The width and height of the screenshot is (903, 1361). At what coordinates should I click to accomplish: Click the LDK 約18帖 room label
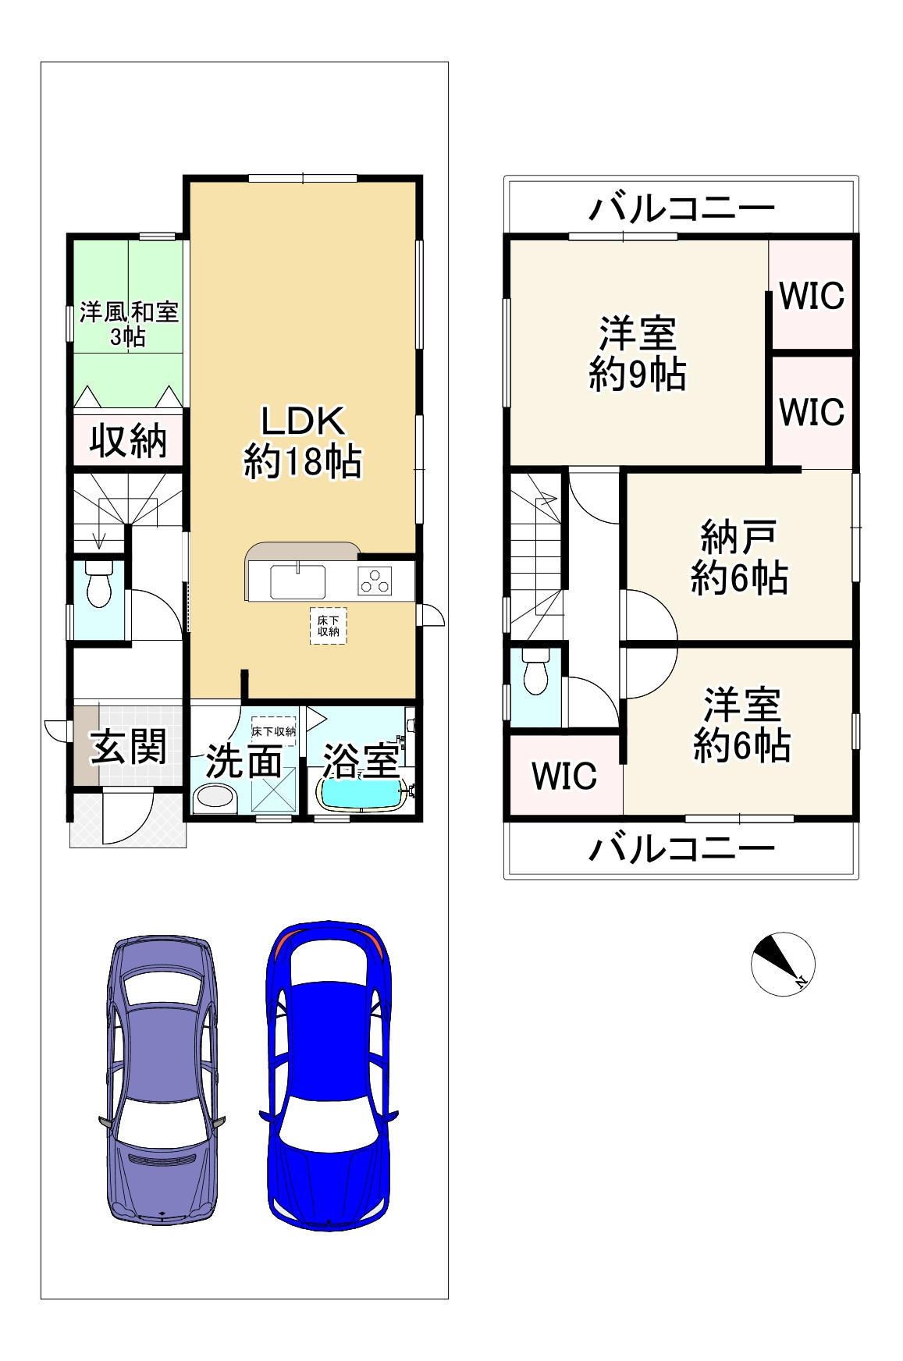302,442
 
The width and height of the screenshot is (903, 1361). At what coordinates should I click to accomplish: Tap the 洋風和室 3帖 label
129,325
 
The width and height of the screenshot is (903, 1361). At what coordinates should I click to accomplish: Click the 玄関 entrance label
129,747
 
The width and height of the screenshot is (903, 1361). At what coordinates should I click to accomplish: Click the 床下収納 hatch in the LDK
329,625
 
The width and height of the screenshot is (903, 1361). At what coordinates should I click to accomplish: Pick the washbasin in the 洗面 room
214,799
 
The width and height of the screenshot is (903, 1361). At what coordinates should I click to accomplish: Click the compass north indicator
783,963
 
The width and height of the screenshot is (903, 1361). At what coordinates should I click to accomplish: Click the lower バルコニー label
681,848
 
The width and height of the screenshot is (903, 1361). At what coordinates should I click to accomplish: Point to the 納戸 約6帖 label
738,558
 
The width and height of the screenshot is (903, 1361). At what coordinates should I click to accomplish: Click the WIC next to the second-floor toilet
563,775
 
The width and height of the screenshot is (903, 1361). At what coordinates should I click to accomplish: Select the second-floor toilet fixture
535,675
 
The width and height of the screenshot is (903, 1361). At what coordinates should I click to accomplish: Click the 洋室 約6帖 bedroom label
741,725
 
